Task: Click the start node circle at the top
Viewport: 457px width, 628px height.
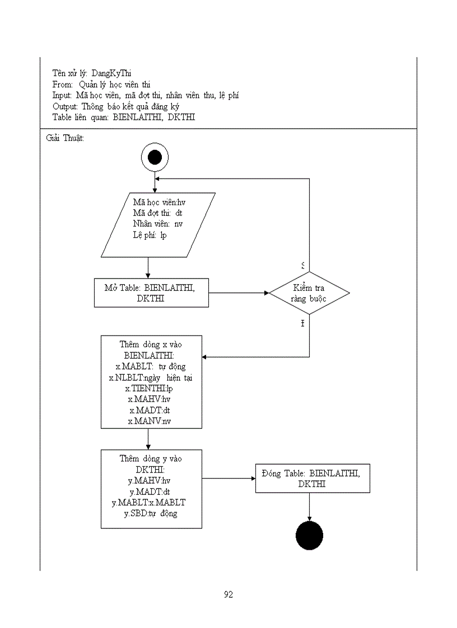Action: tap(155, 157)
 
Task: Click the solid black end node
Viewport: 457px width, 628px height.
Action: tap(309, 536)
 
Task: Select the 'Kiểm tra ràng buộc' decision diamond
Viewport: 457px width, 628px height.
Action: tap(309, 293)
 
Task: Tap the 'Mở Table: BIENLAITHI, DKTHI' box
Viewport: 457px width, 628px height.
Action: tap(151, 293)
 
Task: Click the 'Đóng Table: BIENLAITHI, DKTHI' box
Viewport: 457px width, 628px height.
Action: tap(313, 478)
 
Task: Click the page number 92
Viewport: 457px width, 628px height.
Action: tap(228, 594)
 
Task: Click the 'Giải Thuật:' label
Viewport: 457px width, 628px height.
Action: tap(65, 138)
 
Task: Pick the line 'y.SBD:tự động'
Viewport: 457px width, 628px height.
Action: tap(151, 513)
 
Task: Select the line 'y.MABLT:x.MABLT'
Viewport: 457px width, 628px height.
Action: tap(149, 502)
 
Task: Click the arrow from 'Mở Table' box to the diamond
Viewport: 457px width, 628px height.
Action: tap(239, 292)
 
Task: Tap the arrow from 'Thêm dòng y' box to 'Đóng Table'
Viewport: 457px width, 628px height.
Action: tap(228, 478)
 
